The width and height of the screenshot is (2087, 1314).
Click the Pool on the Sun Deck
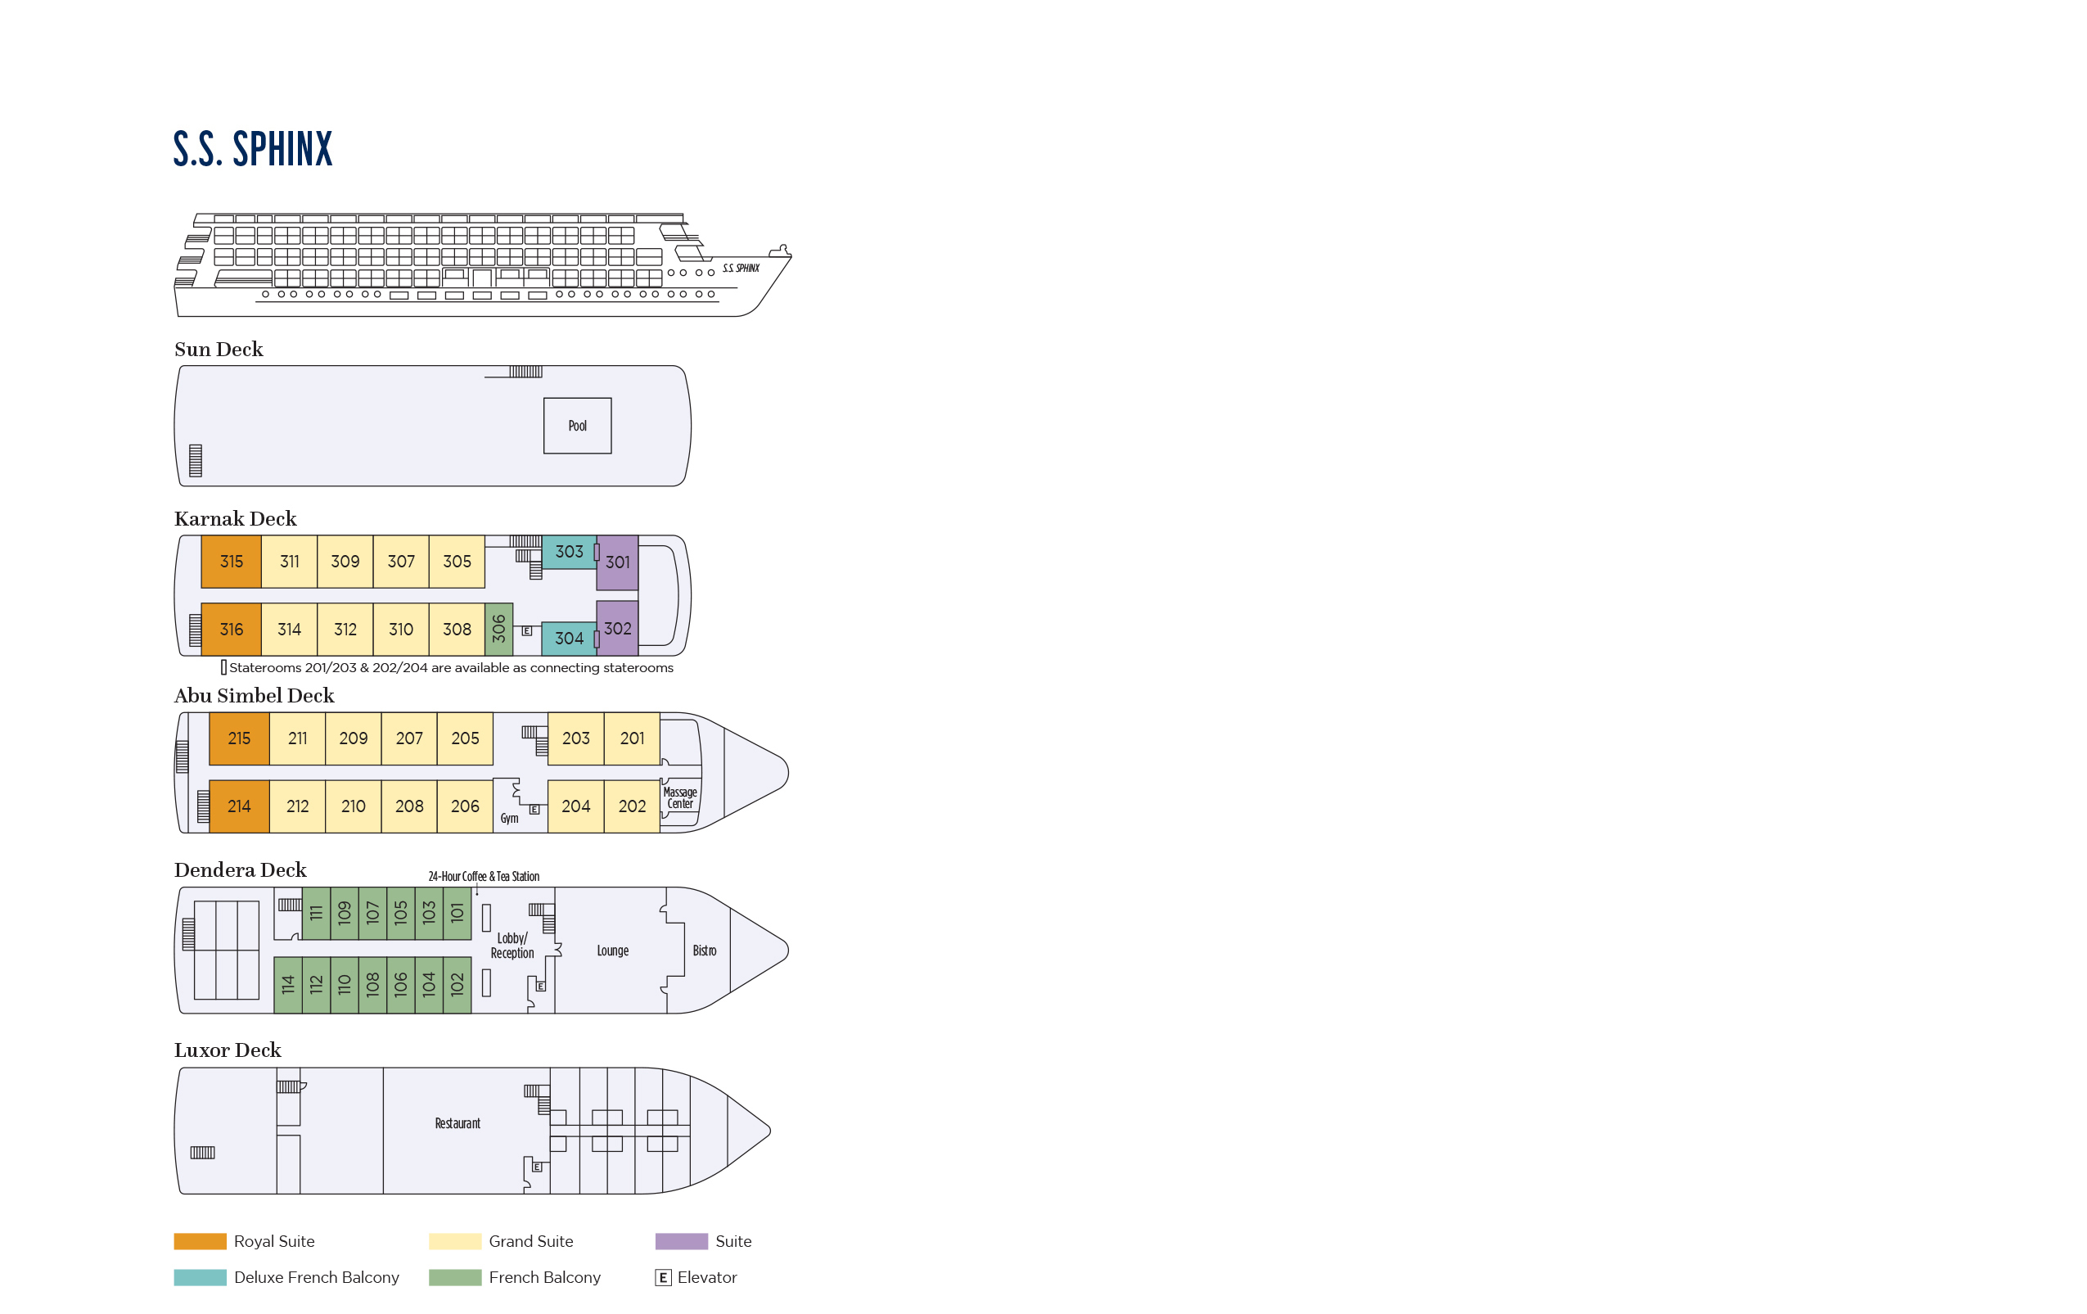click(577, 426)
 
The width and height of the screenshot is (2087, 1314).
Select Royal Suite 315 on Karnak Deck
click(232, 562)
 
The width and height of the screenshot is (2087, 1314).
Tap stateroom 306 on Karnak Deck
click(498, 630)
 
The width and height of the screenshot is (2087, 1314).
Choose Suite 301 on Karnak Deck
click(617, 562)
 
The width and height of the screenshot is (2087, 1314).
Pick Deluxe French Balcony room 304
click(569, 639)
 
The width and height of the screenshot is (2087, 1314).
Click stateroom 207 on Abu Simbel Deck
click(409, 738)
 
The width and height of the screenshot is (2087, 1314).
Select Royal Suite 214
click(239, 806)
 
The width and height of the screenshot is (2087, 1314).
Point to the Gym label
click(510, 818)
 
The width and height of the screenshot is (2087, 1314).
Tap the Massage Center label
click(680, 798)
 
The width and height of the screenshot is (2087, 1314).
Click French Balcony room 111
click(317, 913)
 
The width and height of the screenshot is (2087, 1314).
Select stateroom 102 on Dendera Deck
click(458, 985)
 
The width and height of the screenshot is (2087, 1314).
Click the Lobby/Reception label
click(512, 946)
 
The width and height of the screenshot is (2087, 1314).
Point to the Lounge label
click(613, 951)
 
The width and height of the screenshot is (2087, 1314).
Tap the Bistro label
click(705, 951)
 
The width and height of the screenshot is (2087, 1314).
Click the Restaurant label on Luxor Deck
click(458, 1123)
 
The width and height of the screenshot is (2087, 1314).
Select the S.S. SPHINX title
click(253, 149)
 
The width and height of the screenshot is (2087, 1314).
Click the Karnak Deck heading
click(235, 518)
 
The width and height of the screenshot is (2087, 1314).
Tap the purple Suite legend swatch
click(681, 1241)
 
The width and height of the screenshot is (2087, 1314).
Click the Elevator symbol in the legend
click(663, 1278)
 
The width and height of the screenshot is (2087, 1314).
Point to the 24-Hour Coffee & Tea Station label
click(484, 876)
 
